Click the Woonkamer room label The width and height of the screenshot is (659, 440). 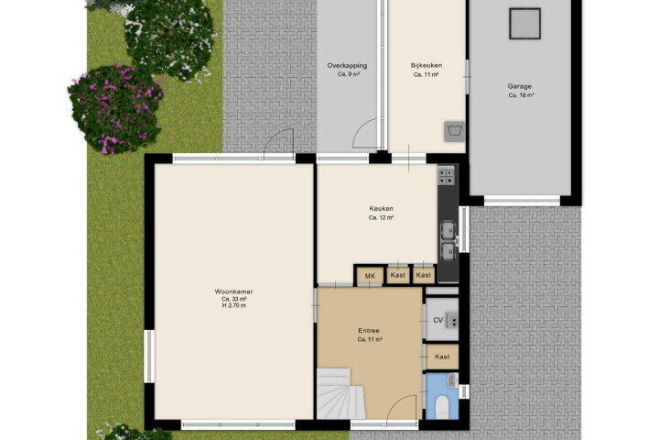pos(233,291)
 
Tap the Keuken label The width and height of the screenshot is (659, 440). pos(381,208)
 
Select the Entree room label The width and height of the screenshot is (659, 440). pos(369,331)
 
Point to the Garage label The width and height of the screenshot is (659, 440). pos(520,86)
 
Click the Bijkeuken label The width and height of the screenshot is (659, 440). pos(427,65)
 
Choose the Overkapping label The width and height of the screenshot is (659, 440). pos(347,65)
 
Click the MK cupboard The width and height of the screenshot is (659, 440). pos(370,276)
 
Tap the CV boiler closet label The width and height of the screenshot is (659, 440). pos(438,321)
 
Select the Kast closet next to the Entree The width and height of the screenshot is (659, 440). pos(442,357)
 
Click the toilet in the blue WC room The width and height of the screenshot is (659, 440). pos(442,407)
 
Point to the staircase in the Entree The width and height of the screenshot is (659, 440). pos(339,394)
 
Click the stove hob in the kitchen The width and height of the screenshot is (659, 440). pos(446,176)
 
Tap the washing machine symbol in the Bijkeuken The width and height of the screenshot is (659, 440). pos(454,131)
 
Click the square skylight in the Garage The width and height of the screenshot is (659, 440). pos(524,24)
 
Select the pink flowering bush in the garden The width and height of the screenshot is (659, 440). pos(115,108)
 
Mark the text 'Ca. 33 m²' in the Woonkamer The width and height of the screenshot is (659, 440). pos(233,299)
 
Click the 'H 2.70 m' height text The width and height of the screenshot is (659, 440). pos(233,305)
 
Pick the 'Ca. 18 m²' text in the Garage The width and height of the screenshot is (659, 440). pos(521,95)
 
